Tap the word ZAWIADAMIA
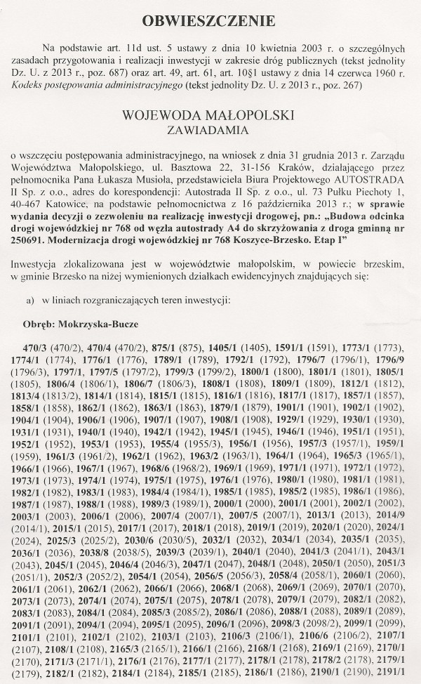tap(209, 130)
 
